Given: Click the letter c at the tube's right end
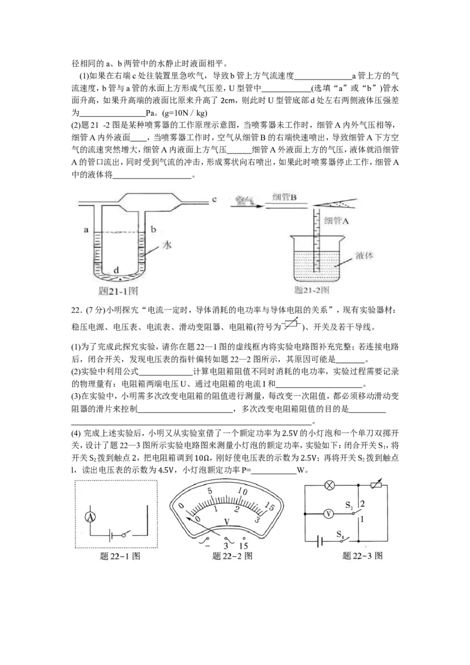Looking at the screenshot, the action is tap(214, 199).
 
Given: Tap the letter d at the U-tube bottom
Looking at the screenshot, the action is tap(116, 270).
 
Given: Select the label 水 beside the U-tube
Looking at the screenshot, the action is tap(167, 245).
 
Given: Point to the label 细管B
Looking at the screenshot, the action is tap(284, 197).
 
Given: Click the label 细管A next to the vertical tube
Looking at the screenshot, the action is tap(336, 221).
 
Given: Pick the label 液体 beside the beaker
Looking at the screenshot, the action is tap(364, 256).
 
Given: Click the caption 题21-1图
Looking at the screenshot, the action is tap(117, 291).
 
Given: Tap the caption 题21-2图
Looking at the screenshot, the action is tap(312, 290).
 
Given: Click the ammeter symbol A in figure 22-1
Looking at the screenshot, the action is tap(90, 516).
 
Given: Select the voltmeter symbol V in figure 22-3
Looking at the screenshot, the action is tap(328, 514).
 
